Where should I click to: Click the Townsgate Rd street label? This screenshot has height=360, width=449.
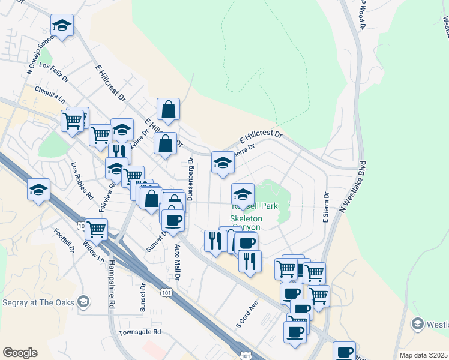[x=140, y=331]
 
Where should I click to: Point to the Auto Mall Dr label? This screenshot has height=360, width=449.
[x=177, y=262]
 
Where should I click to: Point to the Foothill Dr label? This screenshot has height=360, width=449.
[x=62, y=240]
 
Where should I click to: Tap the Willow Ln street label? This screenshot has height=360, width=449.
[x=89, y=253]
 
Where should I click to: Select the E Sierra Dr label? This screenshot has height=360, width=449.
[x=327, y=208]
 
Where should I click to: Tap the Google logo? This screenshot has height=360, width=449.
[x=20, y=353]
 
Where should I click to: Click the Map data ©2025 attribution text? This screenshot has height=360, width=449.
[x=423, y=355]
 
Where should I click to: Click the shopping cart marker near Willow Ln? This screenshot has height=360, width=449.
[x=96, y=229]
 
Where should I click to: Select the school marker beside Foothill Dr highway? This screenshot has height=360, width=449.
[x=39, y=190]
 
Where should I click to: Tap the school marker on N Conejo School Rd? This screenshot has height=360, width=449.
[x=62, y=25]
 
